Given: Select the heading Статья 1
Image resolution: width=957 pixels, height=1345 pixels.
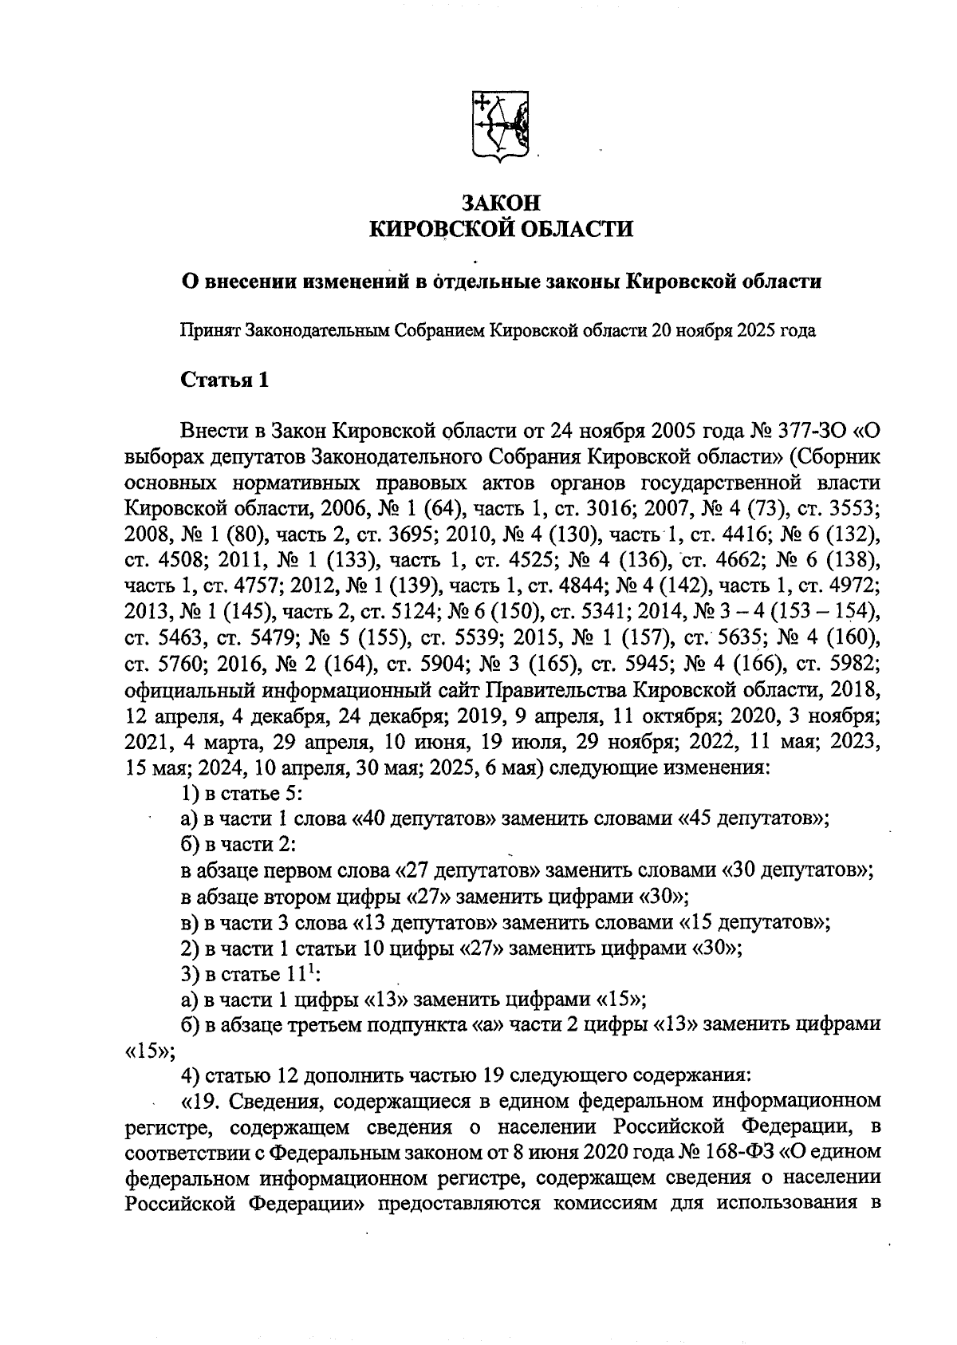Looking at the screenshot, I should click(225, 380).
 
